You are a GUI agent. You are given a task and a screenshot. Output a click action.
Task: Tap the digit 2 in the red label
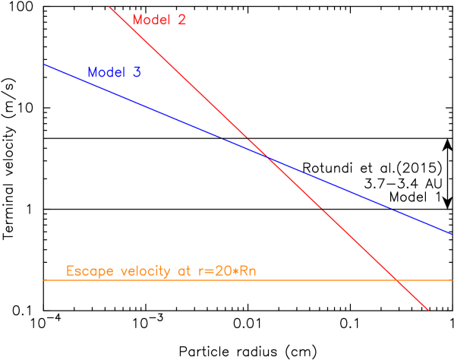coord(181,20)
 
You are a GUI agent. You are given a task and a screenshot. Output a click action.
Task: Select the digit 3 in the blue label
coord(137,73)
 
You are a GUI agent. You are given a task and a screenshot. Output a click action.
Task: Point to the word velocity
coord(140,270)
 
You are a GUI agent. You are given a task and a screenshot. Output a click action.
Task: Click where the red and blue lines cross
coord(266,156)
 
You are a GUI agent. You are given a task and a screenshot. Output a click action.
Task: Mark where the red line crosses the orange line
coord(396,280)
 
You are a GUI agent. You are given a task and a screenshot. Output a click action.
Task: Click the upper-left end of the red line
coord(109,6)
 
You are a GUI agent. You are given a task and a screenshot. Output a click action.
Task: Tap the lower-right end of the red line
coord(429,310)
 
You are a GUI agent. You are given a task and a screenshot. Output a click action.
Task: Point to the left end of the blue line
coord(44,64)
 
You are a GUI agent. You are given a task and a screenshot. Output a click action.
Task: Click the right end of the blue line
coord(452,233)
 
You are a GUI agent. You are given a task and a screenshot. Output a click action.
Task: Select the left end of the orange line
coord(44,280)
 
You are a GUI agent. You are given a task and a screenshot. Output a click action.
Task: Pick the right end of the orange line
coord(452,280)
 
